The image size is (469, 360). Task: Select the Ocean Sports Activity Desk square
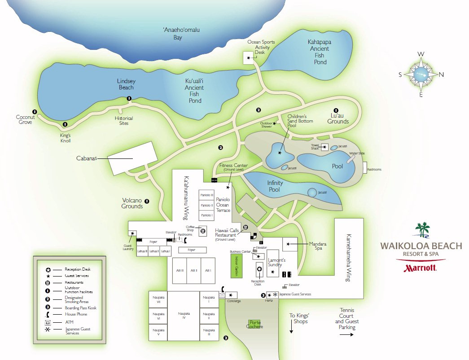pos(248,58)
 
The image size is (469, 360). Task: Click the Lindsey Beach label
pos(126,84)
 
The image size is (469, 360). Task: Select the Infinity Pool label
pos(275,186)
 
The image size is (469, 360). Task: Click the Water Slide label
pos(358,154)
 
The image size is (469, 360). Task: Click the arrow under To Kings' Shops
pos(292,329)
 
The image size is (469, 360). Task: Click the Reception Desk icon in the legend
pos(48,269)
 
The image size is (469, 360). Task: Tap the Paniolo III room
pos(206,195)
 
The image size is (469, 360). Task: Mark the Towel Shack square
pos(324,148)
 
